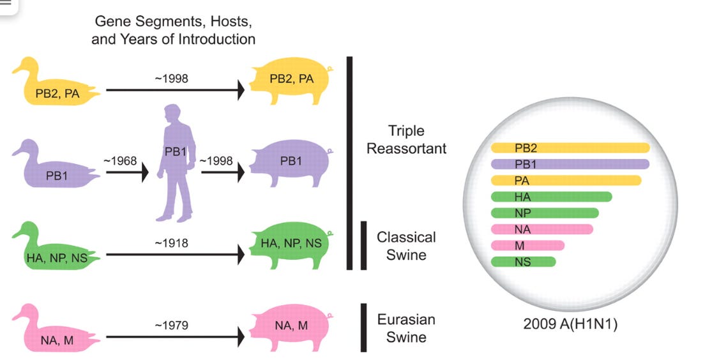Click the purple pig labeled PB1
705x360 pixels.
pos(291,163)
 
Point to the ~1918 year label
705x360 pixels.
pos(171,243)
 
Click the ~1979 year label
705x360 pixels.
pos(171,326)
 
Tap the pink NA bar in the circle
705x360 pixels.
pos(542,229)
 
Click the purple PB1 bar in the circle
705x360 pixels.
pos(570,164)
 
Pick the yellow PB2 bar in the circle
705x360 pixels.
pos(570,148)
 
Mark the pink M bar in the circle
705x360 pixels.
pos(527,245)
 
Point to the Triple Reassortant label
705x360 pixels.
pos(406,140)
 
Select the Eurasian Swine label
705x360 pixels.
pos(406,327)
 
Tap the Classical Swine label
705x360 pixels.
pos(406,246)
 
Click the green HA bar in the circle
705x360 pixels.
pos(551,197)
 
